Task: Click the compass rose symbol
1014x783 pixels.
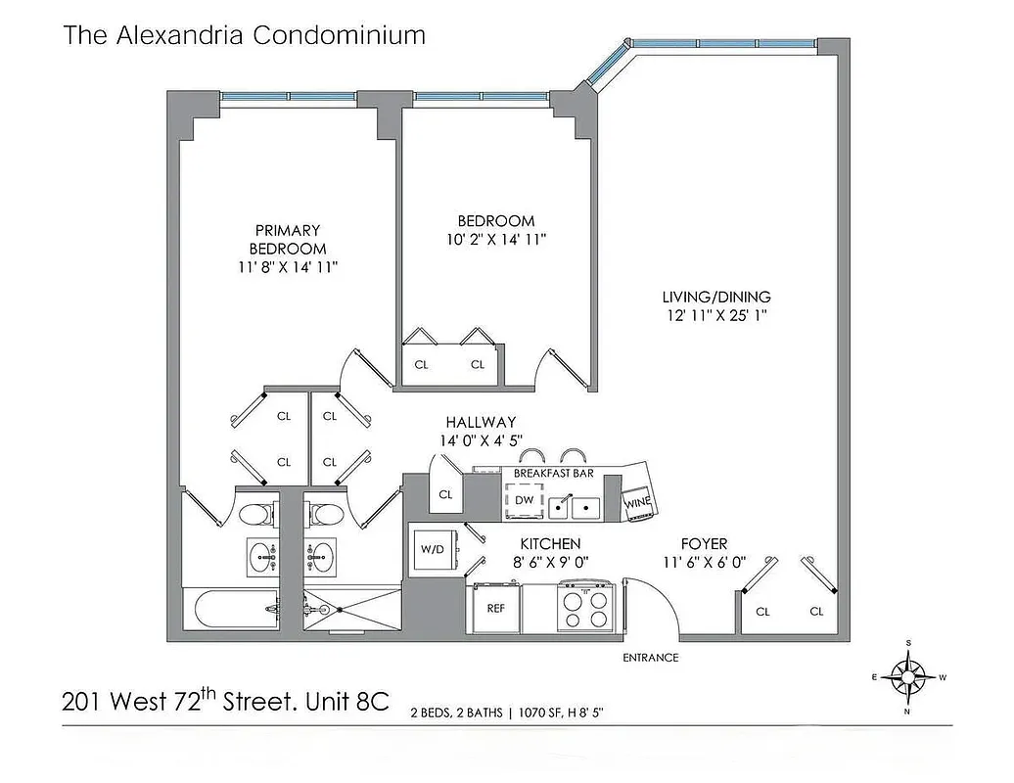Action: [x=909, y=675]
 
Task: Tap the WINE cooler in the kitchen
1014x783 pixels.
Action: [x=637, y=501]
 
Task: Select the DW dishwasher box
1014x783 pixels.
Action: [x=524, y=501]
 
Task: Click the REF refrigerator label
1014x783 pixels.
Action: [x=495, y=607]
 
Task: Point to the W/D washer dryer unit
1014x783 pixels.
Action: [x=431, y=548]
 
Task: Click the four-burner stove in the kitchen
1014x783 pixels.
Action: [x=584, y=607]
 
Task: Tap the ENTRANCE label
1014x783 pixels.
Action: [x=651, y=658]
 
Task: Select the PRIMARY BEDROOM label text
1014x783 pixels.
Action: [x=287, y=240]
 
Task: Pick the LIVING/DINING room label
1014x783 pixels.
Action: [x=716, y=297]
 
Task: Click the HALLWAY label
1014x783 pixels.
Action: [x=481, y=422]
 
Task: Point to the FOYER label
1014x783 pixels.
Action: [x=705, y=543]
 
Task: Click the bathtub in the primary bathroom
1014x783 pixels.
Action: [x=229, y=612]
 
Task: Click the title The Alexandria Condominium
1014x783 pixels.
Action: [x=245, y=36]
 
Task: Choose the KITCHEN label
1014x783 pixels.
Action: [x=550, y=543]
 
